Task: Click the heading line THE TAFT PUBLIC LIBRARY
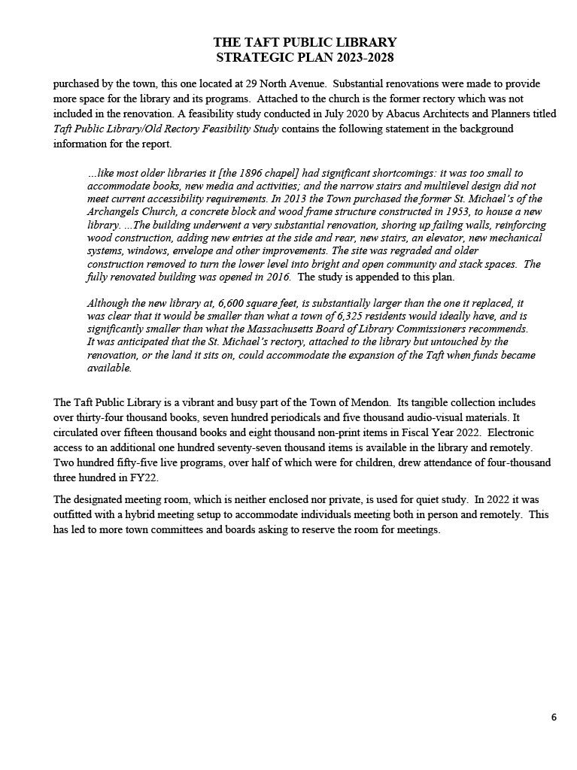tap(305, 43)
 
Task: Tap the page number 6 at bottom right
tap(554, 717)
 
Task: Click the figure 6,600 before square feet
tap(233, 304)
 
